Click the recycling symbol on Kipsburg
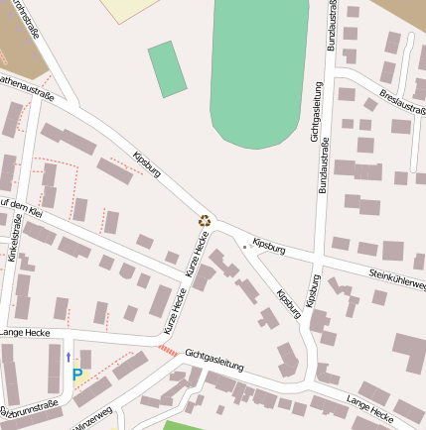(205, 222)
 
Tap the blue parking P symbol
(77, 376)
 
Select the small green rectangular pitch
(167, 68)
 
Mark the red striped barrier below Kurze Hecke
(168, 351)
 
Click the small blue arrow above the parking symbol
(69, 356)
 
